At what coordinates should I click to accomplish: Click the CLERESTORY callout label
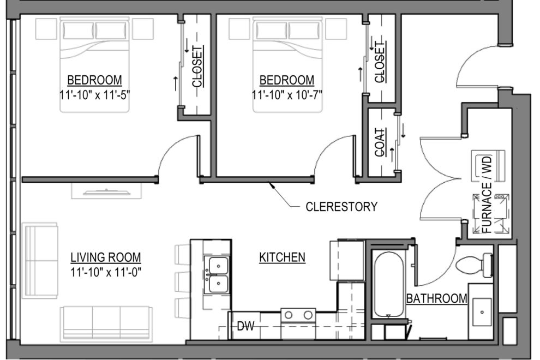341,207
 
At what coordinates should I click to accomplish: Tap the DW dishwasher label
245,327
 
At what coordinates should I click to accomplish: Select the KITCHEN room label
281,257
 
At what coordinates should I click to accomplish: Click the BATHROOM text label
437,298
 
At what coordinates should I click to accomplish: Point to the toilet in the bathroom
473,266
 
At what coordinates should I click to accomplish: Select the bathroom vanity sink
482,311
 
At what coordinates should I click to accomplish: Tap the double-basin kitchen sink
217,275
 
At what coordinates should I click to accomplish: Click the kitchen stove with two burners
298,315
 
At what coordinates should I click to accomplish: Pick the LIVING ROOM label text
106,257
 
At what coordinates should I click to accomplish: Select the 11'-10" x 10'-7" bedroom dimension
287,94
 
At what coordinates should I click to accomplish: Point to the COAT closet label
380,142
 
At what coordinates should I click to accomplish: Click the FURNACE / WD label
488,194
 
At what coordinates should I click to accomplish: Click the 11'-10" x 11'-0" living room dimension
106,272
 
